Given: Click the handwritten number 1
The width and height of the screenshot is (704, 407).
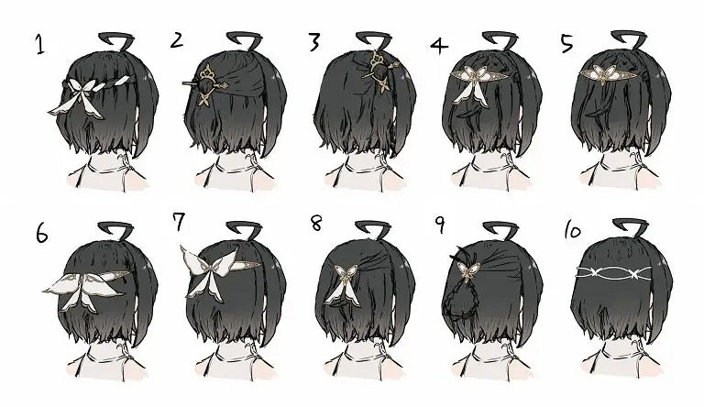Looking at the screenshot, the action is click(40, 45).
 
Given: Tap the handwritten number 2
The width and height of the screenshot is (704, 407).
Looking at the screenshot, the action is click(177, 40).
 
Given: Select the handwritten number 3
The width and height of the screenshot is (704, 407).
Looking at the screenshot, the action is click(313, 42).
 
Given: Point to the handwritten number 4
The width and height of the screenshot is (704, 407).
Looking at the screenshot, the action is click(439, 45).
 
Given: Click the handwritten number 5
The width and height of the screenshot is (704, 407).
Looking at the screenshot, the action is click(567, 44).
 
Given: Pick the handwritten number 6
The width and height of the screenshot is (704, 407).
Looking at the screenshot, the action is click(41, 234).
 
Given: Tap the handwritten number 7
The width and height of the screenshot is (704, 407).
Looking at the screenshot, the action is click(179, 221).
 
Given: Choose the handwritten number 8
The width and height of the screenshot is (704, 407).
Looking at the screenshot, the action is click(316, 223).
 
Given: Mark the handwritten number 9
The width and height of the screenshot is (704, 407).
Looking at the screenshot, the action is click(440, 225).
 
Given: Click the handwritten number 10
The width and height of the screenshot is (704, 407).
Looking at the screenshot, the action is click(572, 231).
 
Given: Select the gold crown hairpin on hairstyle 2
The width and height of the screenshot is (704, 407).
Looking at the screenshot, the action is click(206, 85).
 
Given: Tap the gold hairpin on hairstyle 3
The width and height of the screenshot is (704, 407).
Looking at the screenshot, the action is click(379, 71).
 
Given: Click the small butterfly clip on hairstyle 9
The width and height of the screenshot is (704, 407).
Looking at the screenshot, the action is click(468, 271).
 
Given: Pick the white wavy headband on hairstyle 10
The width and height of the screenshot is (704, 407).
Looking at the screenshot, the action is click(613, 272).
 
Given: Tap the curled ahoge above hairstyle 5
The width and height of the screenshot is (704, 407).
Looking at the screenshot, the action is click(630, 39).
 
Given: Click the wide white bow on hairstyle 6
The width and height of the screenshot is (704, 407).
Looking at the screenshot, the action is click(85, 290).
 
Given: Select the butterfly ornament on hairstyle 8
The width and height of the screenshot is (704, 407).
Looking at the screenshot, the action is click(343, 284).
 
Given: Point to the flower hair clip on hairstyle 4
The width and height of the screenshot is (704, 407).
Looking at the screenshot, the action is click(471, 84).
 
